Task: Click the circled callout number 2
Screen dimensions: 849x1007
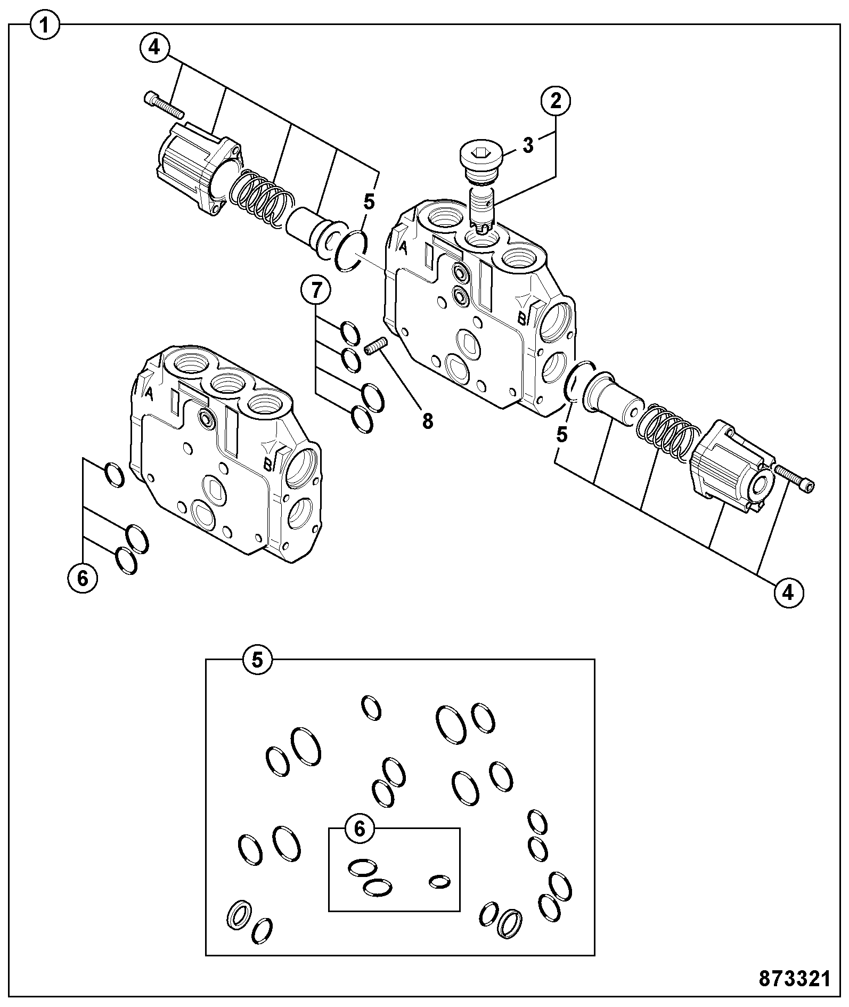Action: [x=555, y=101]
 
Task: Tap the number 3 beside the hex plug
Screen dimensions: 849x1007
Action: [x=528, y=145]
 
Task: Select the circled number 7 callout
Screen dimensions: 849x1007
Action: [x=315, y=291]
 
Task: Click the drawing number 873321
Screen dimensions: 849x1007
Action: [x=795, y=978]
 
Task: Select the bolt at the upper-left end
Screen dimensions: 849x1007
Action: [x=163, y=105]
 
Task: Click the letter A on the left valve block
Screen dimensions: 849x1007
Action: [x=150, y=394]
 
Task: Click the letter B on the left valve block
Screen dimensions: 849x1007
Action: [x=269, y=464]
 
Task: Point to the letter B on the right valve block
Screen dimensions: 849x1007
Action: [x=523, y=318]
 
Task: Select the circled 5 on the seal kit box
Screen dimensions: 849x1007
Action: [x=257, y=661]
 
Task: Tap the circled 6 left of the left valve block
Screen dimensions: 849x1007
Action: [x=83, y=578]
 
